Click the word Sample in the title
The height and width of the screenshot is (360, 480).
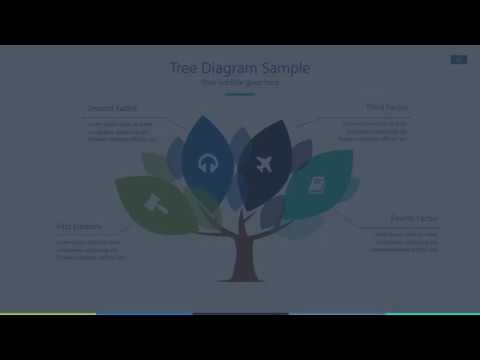click(x=286, y=68)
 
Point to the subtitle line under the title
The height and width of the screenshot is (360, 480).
click(x=240, y=83)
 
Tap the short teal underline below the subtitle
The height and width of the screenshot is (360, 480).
click(x=240, y=94)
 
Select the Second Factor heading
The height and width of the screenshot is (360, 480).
click(x=112, y=107)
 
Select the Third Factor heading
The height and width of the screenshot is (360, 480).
click(x=387, y=106)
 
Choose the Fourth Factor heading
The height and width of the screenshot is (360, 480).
click(x=413, y=218)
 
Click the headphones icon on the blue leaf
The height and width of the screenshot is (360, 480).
click(x=208, y=161)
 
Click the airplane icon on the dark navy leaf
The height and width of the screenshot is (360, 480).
click(x=264, y=162)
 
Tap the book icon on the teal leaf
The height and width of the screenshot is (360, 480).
click(x=317, y=186)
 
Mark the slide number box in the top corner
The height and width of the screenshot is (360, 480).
click(x=458, y=60)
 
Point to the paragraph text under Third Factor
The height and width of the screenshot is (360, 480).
click(x=375, y=131)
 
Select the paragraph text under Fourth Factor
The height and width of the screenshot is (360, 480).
click(x=404, y=241)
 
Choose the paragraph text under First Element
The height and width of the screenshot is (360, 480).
click(x=90, y=248)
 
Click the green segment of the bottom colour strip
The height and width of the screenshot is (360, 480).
click(x=48, y=313)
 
